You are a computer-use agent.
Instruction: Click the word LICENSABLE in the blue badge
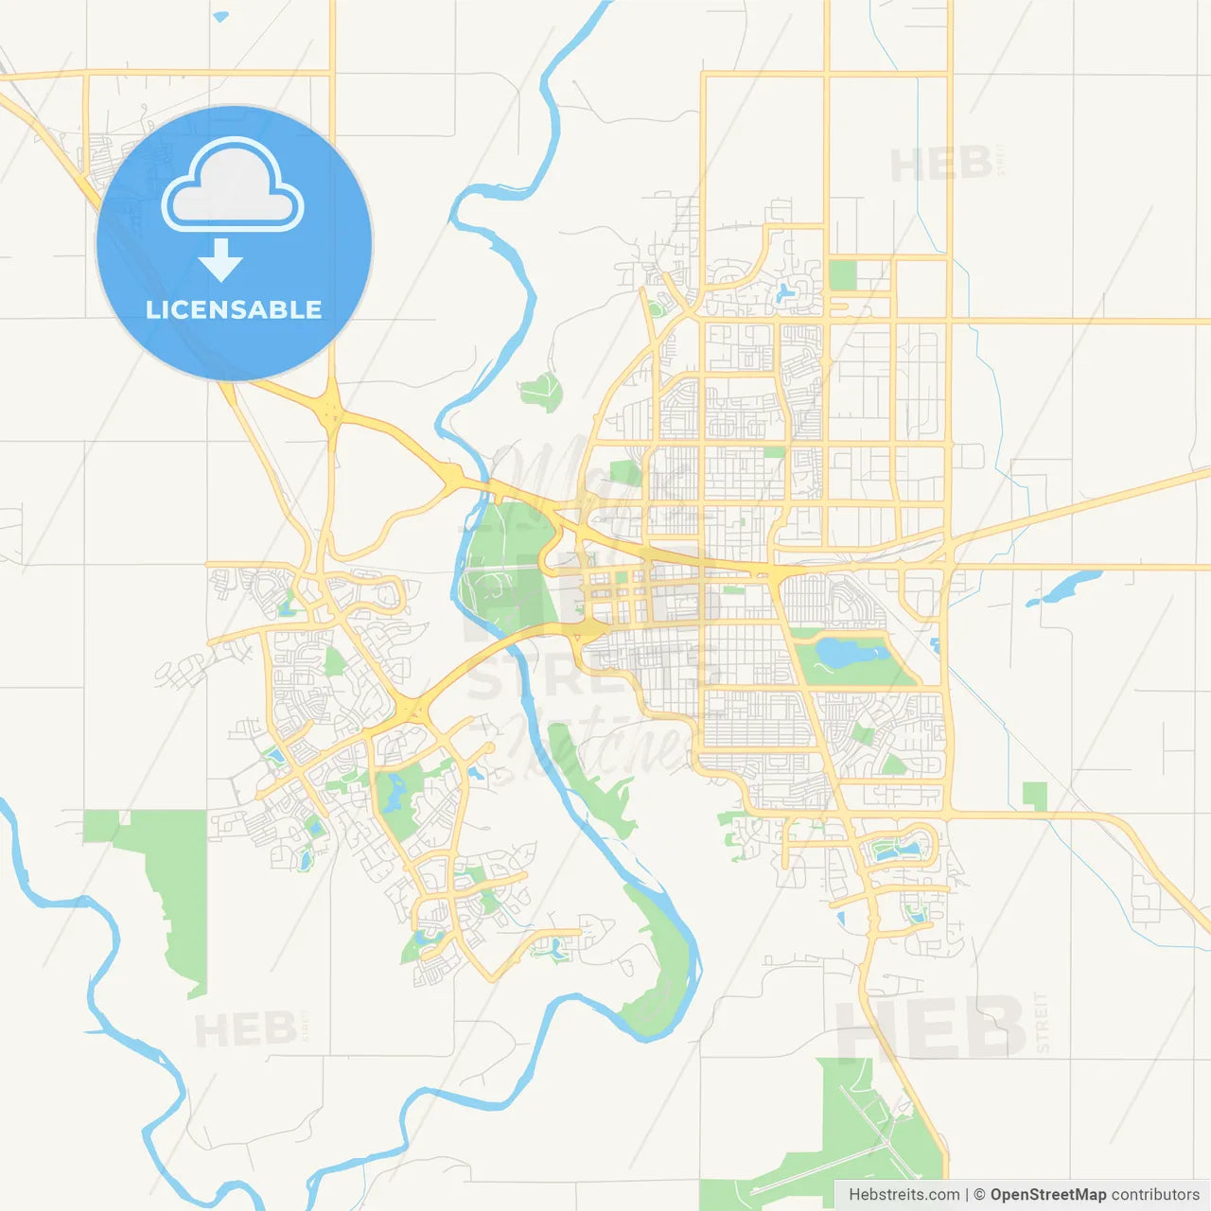click(234, 309)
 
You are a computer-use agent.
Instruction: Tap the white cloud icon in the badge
click(233, 186)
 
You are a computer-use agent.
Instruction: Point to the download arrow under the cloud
click(221, 259)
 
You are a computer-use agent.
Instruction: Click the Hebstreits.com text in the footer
click(904, 1195)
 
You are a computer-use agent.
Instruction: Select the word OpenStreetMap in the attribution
click(1047, 1195)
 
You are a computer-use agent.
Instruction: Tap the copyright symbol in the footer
click(979, 1195)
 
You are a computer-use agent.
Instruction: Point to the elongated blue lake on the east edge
click(1067, 586)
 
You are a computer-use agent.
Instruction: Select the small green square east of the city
click(1035, 796)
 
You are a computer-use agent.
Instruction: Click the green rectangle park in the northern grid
click(842, 275)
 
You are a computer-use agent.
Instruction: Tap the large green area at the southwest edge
click(166, 880)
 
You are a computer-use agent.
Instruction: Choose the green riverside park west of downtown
click(501, 568)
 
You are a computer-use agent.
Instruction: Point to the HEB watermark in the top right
click(941, 165)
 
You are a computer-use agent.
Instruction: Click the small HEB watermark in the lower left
click(246, 1029)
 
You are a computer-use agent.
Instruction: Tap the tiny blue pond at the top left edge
click(220, 16)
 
